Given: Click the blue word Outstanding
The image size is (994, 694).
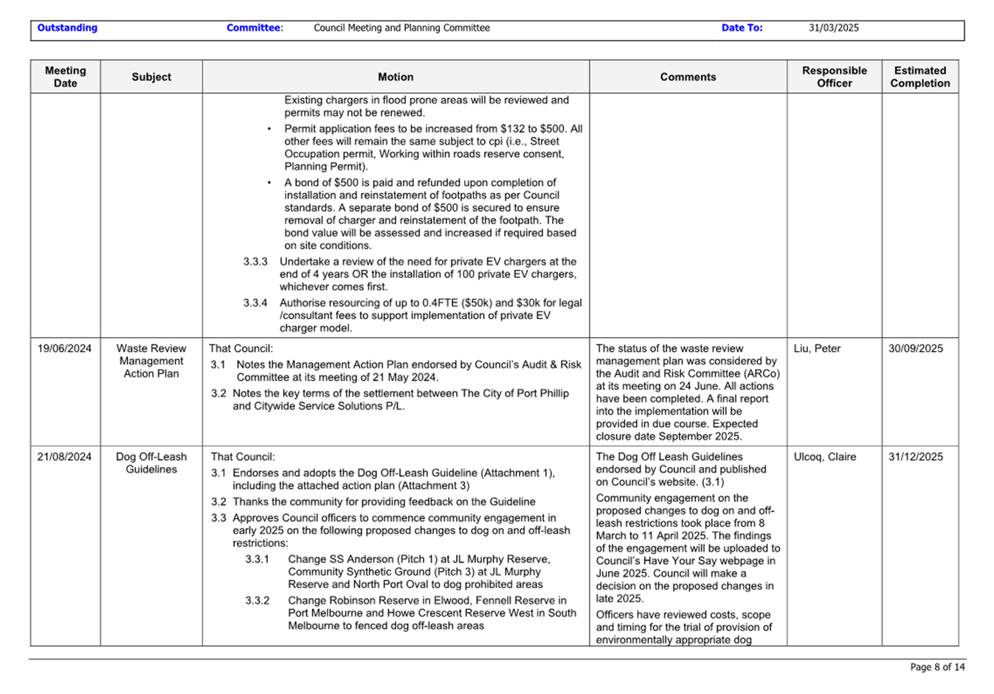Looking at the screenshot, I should coord(67,28).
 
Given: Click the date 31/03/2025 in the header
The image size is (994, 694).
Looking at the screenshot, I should coord(833,28).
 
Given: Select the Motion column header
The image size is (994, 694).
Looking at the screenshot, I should coord(396,77).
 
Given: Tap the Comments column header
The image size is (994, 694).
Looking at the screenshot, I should coord(688,77).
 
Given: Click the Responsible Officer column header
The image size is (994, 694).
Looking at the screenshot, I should coord(834,77).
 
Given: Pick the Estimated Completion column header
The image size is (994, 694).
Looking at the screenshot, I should coord(919,77).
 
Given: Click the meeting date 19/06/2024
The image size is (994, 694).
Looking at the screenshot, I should coord(64,349).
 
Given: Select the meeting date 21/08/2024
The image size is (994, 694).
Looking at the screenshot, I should coord(64,457).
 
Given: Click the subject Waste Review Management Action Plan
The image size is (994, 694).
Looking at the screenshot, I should coord(151,361).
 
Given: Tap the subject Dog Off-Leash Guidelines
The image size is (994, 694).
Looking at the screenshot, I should coord(151,463).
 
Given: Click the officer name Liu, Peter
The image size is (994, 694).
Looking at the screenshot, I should coord(817,349).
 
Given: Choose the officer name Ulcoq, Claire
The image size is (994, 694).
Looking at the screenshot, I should coord(824,457).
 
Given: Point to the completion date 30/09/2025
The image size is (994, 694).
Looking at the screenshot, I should coord(915,349).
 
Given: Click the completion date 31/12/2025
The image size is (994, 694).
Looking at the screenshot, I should coord(915,457).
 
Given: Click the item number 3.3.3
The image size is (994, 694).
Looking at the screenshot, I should coord(255,262).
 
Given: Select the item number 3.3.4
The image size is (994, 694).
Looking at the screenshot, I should coord(255,303).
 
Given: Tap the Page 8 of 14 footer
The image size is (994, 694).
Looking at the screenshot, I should coord(937,667).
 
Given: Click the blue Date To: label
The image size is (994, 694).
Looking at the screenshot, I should coord(742,28).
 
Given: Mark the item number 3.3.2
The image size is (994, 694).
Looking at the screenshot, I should coord(258,601).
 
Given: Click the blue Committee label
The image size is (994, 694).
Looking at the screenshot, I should coord(253,28).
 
